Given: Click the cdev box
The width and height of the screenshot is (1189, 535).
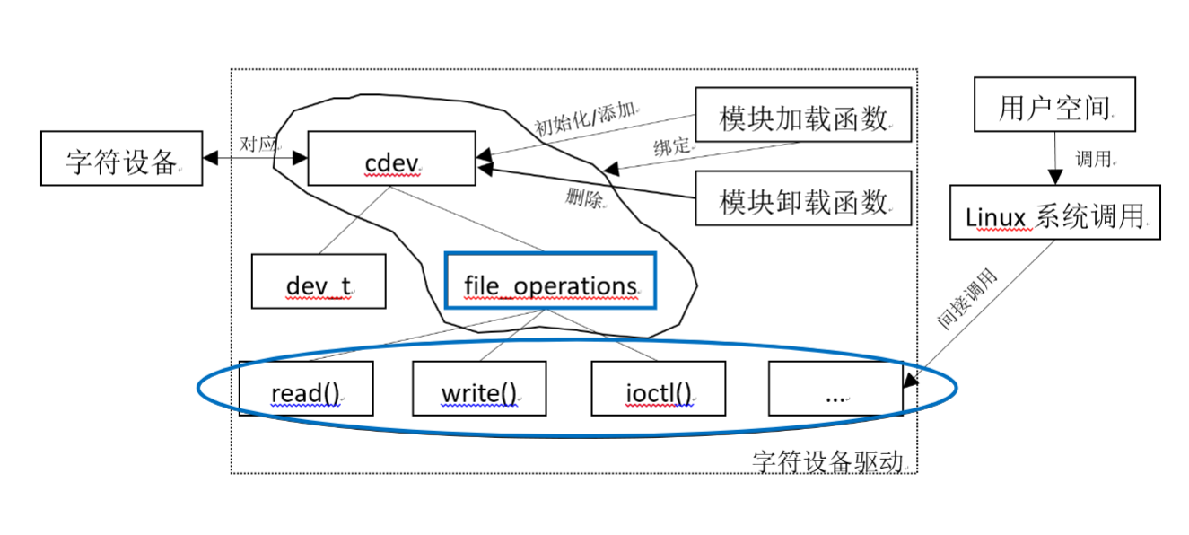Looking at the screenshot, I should pyautogui.click(x=391, y=159).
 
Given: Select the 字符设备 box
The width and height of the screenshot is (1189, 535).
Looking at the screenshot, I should pyautogui.click(x=121, y=159).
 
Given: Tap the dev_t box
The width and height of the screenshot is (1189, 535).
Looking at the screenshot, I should pyautogui.click(x=319, y=281).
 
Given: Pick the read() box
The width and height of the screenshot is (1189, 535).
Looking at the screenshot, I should pyautogui.click(x=306, y=389).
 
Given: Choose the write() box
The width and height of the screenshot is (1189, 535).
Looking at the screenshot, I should pyautogui.click(x=479, y=389).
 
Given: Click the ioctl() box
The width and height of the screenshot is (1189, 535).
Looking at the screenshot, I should pyautogui.click(x=658, y=389).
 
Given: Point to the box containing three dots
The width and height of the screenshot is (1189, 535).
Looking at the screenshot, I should pyautogui.click(x=835, y=389).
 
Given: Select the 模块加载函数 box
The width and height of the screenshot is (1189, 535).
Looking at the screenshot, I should pyautogui.click(x=803, y=114).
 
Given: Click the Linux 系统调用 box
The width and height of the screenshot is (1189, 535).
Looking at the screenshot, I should pyautogui.click(x=1054, y=213).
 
